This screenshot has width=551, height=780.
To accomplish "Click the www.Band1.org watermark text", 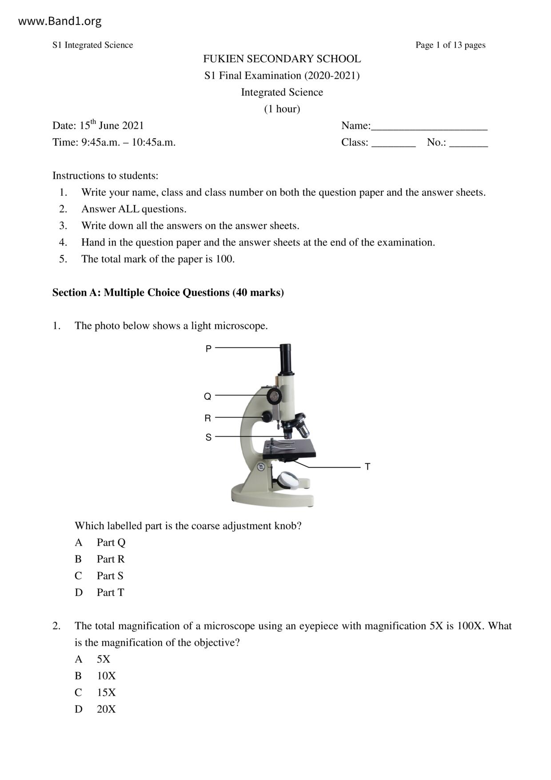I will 60,21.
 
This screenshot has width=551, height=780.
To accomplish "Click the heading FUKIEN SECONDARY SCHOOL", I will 282,59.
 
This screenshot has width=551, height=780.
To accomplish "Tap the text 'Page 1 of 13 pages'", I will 450,45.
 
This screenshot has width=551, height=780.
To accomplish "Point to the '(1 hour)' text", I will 282,109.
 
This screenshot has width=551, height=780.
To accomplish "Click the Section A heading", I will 168,293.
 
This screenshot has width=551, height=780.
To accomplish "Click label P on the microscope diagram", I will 208,349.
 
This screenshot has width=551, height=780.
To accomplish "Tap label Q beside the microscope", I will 208,397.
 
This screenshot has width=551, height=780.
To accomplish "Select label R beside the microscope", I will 208,418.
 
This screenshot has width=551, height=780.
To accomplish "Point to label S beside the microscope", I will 208,438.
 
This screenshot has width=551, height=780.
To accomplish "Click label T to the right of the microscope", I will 367,467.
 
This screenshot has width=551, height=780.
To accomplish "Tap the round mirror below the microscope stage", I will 288,480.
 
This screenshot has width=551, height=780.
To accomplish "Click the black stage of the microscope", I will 289,449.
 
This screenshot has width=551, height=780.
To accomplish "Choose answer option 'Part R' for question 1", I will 111,559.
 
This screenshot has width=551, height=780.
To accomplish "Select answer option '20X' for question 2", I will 106,709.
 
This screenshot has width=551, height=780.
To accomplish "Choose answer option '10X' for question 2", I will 106,676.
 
